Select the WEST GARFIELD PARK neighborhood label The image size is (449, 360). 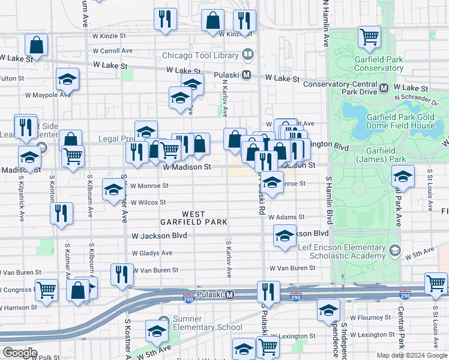(x=193, y=218)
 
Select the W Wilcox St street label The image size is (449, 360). (x=148, y=202)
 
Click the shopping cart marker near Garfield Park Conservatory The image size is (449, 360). (x=369, y=36)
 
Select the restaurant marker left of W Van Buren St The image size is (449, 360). (x=122, y=274)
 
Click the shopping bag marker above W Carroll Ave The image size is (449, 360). (x=37, y=46)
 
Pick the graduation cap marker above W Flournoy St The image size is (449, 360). (x=328, y=310)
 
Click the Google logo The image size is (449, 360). (x=20, y=353)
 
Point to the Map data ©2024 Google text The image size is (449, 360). (x=411, y=355)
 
